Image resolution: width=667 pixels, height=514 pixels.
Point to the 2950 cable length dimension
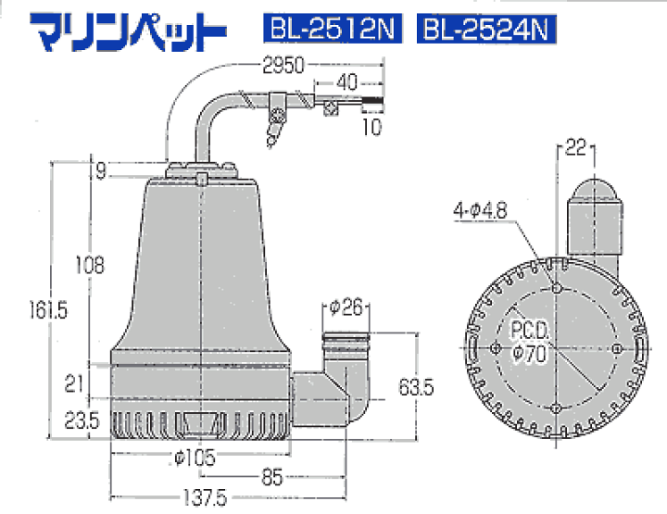point(284,66)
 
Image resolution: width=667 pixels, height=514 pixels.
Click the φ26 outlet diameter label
point(344,306)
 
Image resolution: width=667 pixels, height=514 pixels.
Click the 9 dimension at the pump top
point(99,170)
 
